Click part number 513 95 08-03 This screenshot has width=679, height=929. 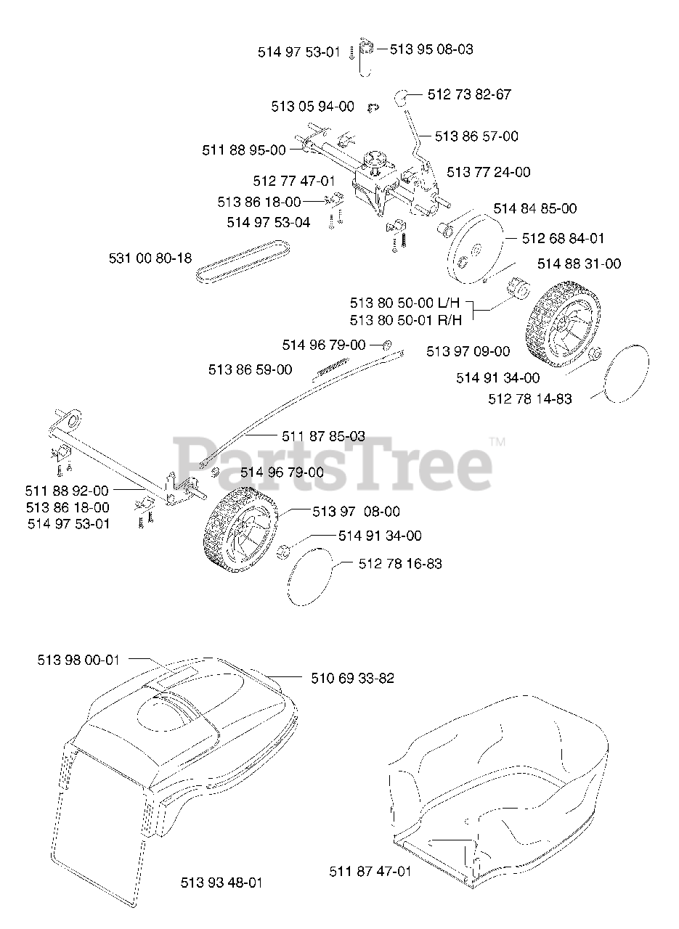[431, 49]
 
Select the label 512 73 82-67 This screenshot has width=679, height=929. [469, 94]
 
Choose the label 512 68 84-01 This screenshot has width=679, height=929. [563, 238]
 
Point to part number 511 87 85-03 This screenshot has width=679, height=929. [323, 436]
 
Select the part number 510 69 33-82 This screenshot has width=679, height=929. [352, 679]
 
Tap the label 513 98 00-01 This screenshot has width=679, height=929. [78, 660]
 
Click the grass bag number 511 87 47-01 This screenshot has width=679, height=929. [370, 871]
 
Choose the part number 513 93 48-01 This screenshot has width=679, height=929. [221, 883]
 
